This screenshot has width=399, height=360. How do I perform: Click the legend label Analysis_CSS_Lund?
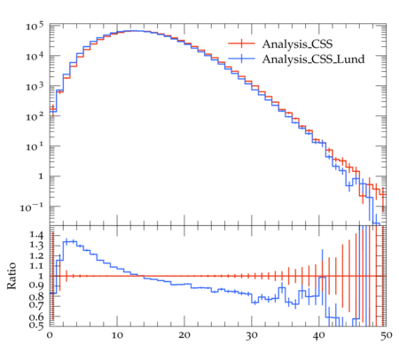coord(313,59)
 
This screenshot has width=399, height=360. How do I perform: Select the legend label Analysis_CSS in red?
coord(297,44)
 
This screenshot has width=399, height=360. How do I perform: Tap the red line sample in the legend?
coord(241,43)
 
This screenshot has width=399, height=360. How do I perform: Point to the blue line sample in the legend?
coord(241,59)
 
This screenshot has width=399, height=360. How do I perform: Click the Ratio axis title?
coord(12,276)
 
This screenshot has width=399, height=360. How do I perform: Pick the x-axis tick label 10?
coord(117,335)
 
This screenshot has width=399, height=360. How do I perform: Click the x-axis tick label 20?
coord(184,335)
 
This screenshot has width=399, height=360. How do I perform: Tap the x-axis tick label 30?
coord(252,335)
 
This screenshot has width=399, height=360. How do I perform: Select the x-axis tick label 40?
coord(319,335)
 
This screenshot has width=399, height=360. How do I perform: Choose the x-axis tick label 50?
coord(387,335)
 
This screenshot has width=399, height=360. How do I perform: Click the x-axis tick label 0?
coord(50,335)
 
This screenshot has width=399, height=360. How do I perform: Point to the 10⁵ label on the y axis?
coord(35,27)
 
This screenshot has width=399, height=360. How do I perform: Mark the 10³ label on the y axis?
coord(35,87)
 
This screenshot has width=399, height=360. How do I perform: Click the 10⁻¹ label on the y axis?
coord(32,207)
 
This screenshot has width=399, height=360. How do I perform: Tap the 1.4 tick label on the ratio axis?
coord(36,235)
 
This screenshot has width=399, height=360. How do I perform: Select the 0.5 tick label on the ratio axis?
coord(36,325)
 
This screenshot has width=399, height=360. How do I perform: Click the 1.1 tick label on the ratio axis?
coord(36,266)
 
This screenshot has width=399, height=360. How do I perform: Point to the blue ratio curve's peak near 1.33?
coord(70,242)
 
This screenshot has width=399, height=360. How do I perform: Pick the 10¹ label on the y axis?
coord(35,147)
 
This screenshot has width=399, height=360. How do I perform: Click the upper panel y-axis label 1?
coord(41,176)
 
